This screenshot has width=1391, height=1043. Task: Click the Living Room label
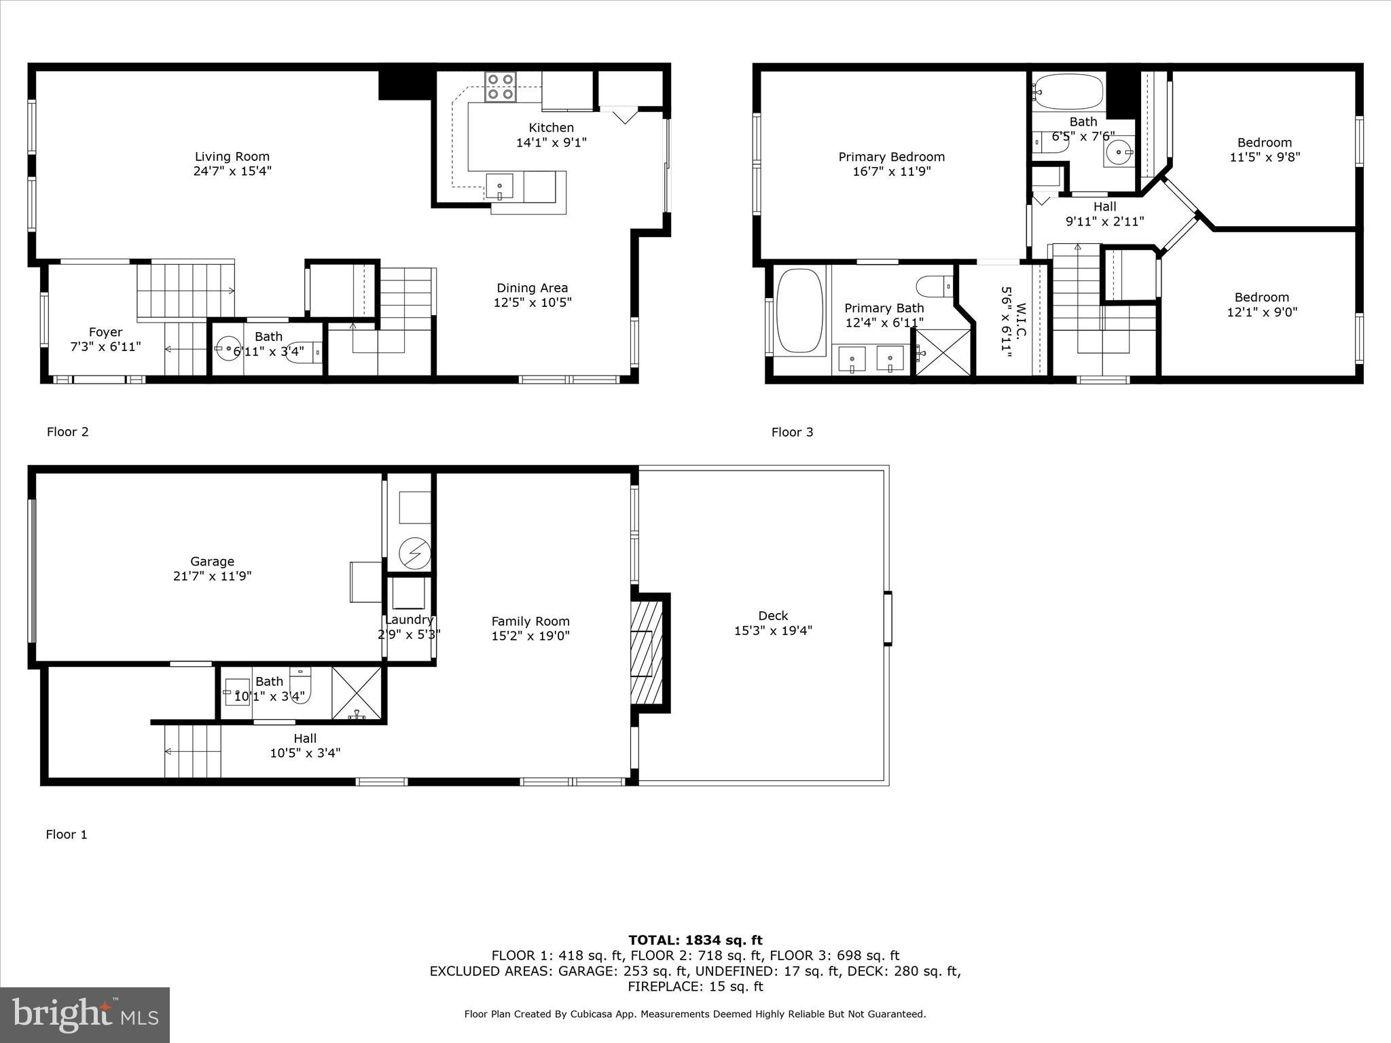click(x=232, y=157)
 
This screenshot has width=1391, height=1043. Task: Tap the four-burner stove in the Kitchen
click(x=500, y=87)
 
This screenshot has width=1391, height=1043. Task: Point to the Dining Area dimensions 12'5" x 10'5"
click(x=532, y=303)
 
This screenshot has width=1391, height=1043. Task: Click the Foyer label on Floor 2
click(x=105, y=332)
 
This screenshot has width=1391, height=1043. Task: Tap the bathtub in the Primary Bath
click(x=799, y=310)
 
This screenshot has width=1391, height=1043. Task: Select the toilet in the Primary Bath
click(x=935, y=286)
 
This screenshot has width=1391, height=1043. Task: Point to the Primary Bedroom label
click(x=891, y=157)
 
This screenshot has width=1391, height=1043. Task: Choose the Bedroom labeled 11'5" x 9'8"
click(x=1264, y=149)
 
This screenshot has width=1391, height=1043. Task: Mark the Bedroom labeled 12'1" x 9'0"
click(x=1261, y=304)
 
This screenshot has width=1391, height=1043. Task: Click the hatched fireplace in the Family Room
click(x=646, y=653)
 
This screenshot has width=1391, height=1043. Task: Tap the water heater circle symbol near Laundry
click(x=414, y=553)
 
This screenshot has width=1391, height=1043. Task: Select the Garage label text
click(x=212, y=562)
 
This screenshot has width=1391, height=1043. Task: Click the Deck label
click(x=773, y=616)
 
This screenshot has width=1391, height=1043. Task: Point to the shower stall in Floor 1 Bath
click(x=357, y=693)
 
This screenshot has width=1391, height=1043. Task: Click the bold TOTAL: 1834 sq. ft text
click(x=695, y=940)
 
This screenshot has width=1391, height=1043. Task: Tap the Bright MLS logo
click(x=85, y=1014)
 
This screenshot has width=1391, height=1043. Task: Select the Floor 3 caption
click(x=792, y=432)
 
